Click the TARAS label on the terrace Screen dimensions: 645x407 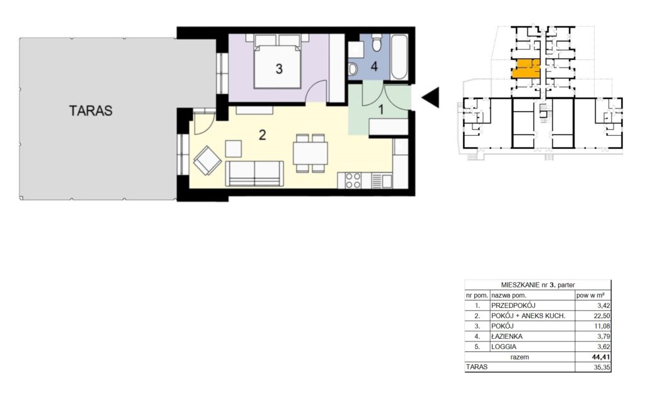coord(91,111)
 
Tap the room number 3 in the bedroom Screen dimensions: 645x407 coord(279,69)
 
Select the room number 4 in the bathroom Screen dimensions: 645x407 coord(374,66)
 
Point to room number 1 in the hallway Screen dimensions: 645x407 coord(381,110)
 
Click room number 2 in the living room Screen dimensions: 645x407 coord(263,134)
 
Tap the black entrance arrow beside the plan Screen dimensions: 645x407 coord(430,98)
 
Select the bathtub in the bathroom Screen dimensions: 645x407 coord(399,58)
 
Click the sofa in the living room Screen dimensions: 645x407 coord(254,174)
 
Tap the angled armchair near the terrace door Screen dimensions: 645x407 coord(207,160)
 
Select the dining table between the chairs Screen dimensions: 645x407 coord(311,153)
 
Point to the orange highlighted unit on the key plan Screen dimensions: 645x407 coord(525,69)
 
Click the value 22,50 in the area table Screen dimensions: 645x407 coord(603,316)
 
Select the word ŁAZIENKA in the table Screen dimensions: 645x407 coord(507,336)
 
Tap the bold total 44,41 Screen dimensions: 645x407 coord(602,357)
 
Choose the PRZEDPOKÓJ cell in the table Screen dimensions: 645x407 coord(513,305)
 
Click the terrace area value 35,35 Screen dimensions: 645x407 coord(602,367)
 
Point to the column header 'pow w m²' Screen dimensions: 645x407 coord(590,295)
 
